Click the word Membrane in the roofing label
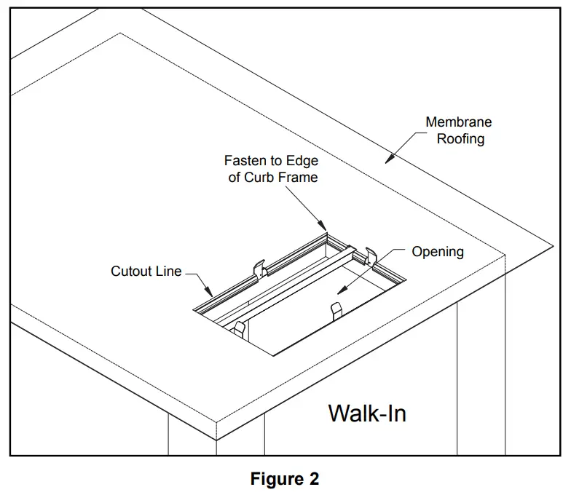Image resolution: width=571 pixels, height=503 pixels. pos(458,122)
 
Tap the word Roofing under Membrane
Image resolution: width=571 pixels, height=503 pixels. pos(460,138)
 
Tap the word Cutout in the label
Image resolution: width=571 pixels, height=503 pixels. pos(130,272)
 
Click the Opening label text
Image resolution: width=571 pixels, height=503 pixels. pos(438,252)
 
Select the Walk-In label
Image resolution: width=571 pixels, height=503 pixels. pos(367,413)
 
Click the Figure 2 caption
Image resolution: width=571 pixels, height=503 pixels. pos(285,479)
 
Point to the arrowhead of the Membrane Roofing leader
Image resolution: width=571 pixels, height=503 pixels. pos(388,161)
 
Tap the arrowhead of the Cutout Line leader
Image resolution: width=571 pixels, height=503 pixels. pos(212,296)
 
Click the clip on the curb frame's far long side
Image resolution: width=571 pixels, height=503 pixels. pos(259,268)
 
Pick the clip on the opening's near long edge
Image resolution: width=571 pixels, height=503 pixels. pos(336,309)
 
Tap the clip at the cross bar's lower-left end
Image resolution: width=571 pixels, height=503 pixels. pos(239,327)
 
